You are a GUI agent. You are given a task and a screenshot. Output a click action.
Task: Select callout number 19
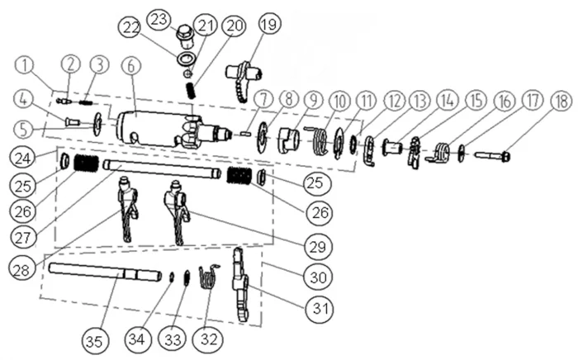point(268,26)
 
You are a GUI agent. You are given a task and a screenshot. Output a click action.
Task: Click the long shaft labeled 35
point(91,270)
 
